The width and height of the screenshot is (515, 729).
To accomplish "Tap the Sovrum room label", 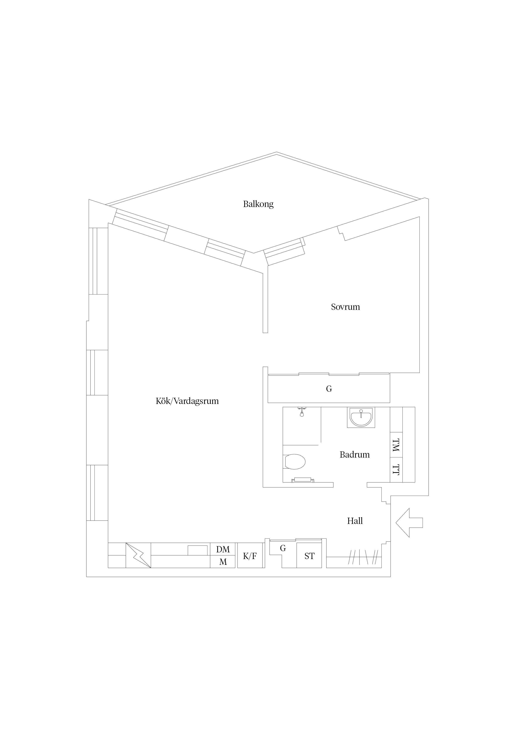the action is (345, 307).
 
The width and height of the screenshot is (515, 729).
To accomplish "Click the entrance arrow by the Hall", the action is (409, 523).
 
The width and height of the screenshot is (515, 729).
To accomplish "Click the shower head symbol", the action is (302, 412).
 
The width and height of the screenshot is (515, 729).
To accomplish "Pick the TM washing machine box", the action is (396, 445).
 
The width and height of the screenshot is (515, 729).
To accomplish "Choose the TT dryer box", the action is (396, 470).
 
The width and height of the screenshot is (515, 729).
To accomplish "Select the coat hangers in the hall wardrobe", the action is (363, 557).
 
